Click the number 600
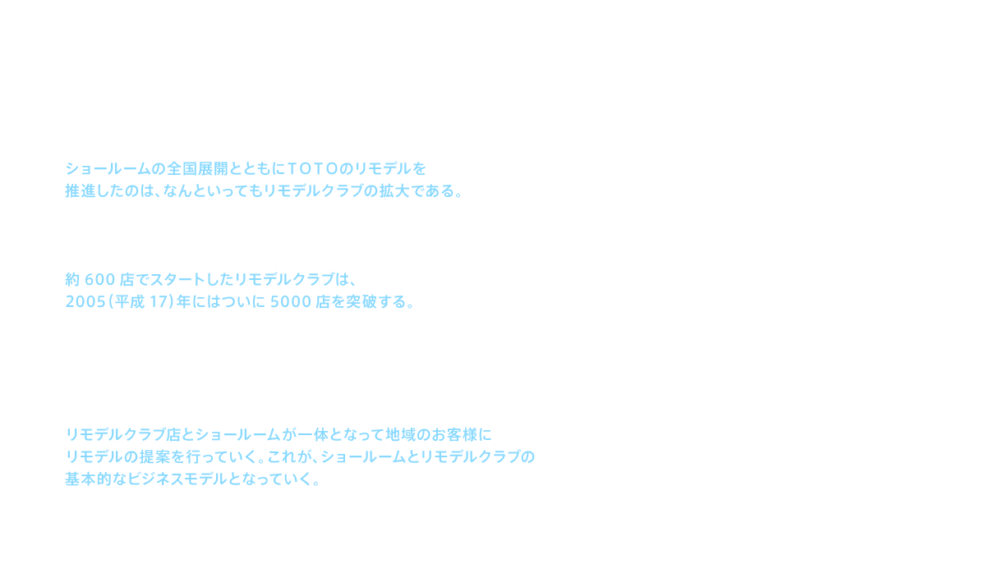pos(103,279)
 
